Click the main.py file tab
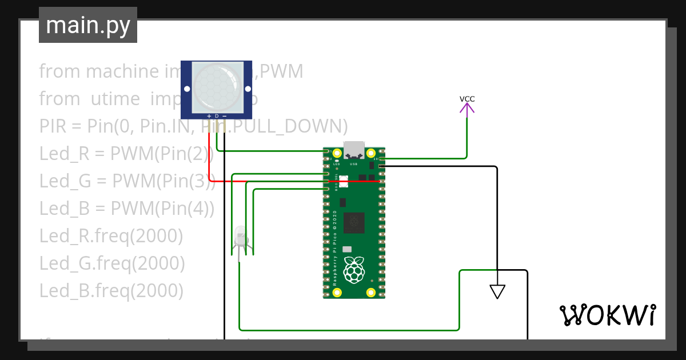coord(88,25)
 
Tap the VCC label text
coord(467,99)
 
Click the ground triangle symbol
coord(497,291)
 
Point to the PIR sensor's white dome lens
coord(217,86)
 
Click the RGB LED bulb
coord(240,235)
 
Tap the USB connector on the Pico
coord(354,149)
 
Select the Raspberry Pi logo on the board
coord(354,270)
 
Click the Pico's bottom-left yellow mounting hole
coord(337,293)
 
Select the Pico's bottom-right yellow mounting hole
coord(371,293)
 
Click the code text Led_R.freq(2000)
coord(111,235)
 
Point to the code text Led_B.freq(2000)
coord(111,291)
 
